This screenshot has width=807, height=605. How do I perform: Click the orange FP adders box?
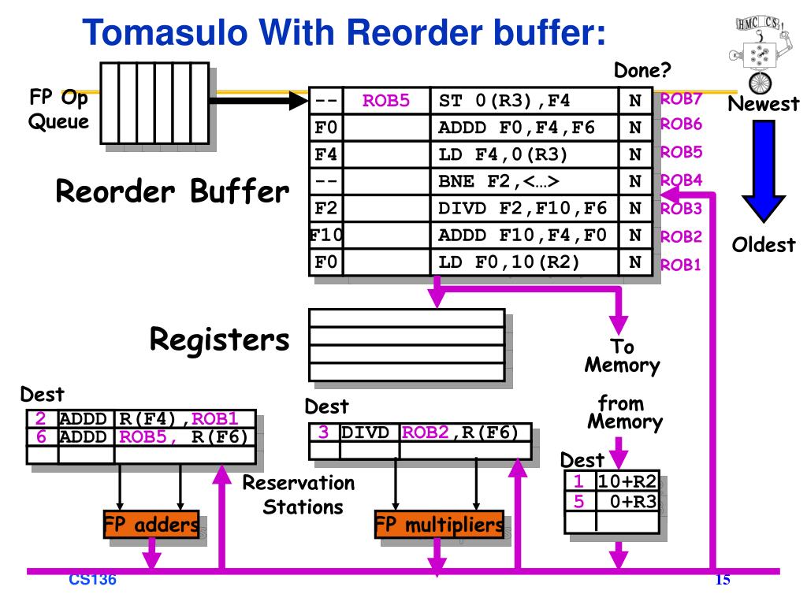(x=151, y=524)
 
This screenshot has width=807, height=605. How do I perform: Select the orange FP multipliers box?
(x=439, y=524)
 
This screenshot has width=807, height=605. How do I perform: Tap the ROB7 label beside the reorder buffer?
(x=681, y=98)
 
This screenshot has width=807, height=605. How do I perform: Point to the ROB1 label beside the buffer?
(x=680, y=265)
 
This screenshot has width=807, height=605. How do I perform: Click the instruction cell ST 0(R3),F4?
(x=504, y=100)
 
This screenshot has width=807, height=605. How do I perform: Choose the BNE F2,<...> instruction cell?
(x=498, y=181)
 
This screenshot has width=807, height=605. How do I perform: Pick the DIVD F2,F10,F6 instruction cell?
(x=523, y=208)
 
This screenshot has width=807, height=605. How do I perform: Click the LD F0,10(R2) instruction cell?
(x=508, y=262)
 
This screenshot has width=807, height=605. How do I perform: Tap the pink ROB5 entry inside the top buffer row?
(x=386, y=100)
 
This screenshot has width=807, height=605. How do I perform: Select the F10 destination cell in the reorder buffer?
(x=326, y=235)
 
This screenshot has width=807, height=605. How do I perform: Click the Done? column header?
(x=642, y=70)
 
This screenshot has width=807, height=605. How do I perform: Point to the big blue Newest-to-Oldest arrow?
(x=764, y=171)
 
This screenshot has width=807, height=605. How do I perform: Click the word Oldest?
(x=763, y=245)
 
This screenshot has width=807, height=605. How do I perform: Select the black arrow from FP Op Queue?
(x=258, y=100)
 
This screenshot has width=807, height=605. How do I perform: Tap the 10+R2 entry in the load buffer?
(x=627, y=481)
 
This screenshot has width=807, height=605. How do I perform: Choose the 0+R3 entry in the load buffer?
(x=633, y=501)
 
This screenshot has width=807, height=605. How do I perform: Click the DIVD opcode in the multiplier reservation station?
(x=365, y=432)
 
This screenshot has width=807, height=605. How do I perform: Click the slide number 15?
(x=723, y=580)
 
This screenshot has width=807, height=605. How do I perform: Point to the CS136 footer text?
(x=93, y=580)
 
